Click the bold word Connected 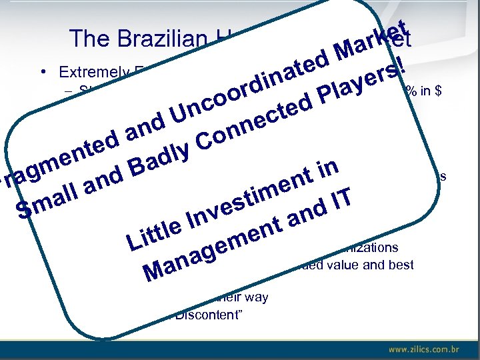click(x=256, y=123)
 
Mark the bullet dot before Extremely click(x=42, y=71)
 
